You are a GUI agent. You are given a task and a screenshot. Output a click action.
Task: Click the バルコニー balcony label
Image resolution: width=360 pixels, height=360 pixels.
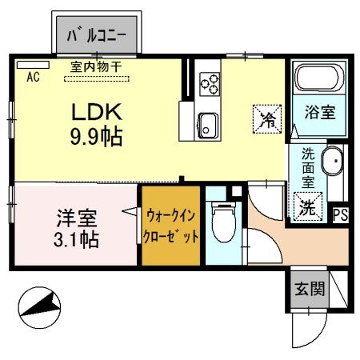(x=99, y=35)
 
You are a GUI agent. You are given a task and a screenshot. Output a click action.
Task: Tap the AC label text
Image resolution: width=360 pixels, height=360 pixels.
(x=34, y=78)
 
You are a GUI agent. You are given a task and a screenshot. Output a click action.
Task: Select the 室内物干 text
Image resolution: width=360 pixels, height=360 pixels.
(x=96, y=68)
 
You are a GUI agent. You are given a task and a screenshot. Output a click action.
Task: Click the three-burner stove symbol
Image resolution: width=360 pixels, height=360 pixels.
(x=210, y=81)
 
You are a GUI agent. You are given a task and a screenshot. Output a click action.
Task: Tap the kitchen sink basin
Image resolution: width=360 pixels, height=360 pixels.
(x=210, y=124)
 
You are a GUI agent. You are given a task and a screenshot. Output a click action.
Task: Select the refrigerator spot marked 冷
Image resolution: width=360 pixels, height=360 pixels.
(x=267, y=120)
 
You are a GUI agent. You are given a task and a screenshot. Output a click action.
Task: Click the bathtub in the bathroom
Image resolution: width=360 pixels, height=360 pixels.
(x=318, y=79)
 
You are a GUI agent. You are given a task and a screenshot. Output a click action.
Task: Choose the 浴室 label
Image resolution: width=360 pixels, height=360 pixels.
(x=318, y=113)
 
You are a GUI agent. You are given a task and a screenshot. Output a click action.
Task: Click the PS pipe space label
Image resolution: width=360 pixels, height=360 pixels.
(x=340, y=214)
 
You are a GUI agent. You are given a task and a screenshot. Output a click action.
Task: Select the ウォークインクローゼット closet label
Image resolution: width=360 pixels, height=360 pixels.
(x=170, y=226)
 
